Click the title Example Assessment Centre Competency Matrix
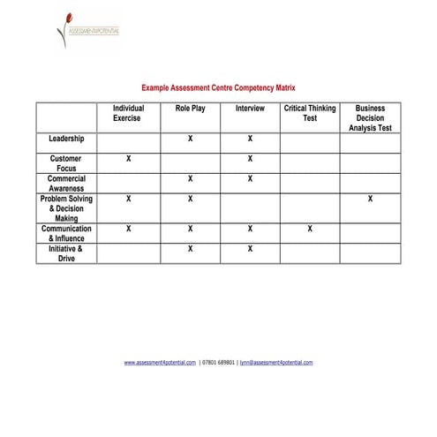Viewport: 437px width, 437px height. [219, 88]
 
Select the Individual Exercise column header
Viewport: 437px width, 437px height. [128, 113]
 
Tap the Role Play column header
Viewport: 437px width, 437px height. [190, 109]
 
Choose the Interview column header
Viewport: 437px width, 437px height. [250, 109]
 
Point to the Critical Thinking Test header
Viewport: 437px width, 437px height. [310, 113]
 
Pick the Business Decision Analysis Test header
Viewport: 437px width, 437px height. [370, 118]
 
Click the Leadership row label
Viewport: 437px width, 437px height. [66, 139]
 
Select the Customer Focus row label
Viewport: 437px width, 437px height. [66, 163]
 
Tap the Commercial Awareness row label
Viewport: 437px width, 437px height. [66, 184]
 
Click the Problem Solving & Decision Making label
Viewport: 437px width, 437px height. [66, 208]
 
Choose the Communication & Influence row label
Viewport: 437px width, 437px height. [66, 233]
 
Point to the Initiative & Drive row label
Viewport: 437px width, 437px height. [66, 253]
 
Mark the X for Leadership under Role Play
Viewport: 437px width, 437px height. [190, 139]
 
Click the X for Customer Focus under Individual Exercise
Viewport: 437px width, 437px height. [129, 159]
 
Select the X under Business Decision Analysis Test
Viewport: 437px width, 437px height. [370, 200]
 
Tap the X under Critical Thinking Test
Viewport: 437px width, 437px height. [310, 229]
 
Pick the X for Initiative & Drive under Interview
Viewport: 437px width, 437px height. [250, 249]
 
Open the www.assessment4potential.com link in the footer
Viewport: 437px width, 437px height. [160, 363]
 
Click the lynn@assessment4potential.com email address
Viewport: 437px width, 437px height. [276, 363]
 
